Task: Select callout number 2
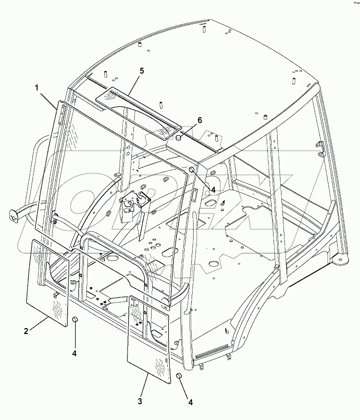[26, 331]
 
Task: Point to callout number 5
[141, 71]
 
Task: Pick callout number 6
[200, 120]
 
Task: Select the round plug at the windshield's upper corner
[191, 170]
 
